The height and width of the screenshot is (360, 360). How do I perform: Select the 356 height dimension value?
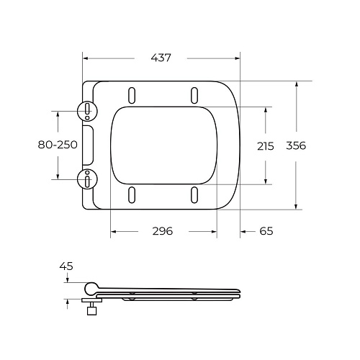coord(296,145)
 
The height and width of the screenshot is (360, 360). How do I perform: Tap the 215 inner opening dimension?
coord(266,145)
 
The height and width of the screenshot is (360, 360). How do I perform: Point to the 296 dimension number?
coord(163,231)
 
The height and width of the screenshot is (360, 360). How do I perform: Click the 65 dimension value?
coord(266,231)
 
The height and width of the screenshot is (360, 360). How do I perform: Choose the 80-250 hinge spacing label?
coord(58,145)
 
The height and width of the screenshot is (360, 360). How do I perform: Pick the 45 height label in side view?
coord(66,266)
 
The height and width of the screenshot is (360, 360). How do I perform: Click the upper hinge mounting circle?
coord(86,111)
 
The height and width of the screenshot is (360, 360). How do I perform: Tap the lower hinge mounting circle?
coord(86,178)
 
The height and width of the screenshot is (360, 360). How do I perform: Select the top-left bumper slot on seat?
coord(132,95)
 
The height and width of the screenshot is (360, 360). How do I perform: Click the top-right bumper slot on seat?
coord(194,95)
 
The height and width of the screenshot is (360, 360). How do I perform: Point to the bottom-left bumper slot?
coord(132,194)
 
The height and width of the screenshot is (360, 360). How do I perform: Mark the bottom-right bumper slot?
coord(194,194)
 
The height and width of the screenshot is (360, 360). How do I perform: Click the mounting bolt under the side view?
coord(91,310)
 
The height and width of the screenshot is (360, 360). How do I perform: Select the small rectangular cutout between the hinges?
coord(88,145)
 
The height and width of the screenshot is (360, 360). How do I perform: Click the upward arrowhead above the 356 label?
coord(296,85)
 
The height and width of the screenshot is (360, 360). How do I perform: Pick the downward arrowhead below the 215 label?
coord(266,181)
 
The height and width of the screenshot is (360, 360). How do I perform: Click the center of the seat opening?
coord(163,145)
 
